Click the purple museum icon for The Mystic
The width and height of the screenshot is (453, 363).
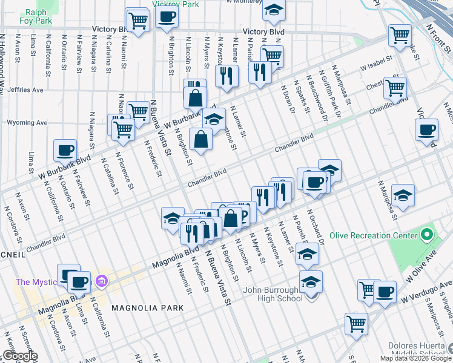pyautogui.click(x=101, y=281)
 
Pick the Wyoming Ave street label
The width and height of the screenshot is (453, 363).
pyautogui.click(x=27, y=122)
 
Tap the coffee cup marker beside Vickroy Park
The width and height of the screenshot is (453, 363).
pyautogui.click(x=167, y=18)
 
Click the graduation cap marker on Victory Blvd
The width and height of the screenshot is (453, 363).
pyautogui.click(x=274, y=9)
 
